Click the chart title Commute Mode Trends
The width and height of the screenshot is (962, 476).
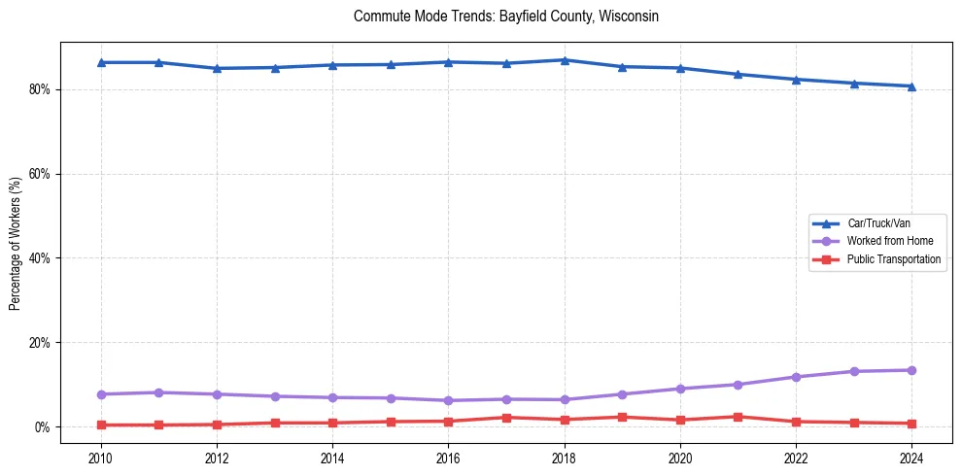pyautogui.click(x=506, y=17)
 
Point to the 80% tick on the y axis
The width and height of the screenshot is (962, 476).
pyautogui.click(x=41, y=89)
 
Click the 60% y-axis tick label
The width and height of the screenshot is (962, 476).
pyautogui.click(x=41, y=174)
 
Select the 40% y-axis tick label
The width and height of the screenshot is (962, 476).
pyautogui.click(x=41, y=258)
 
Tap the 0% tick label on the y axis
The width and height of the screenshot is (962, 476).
pyautogui.click(x=44, y=427)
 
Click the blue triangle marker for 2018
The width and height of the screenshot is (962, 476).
pyautogui.click(x=565, y=60)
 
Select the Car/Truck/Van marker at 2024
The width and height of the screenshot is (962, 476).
pyautogui.click(x=911, y=86)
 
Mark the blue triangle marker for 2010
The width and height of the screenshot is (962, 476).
pyautogui.click(x=101, y=62)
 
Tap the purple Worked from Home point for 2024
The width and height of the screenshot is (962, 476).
pyautogui.click(x=911, y=370)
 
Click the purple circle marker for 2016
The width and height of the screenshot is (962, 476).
pyautogui.click(x=448, y=400)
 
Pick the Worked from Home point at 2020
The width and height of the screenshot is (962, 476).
pyautogui.click(x=680, y=389)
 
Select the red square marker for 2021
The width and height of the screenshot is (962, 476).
pyautogui.click(x=738, y=417)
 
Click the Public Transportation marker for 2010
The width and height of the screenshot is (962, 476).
pyautogui.click(x=101, y=425)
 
